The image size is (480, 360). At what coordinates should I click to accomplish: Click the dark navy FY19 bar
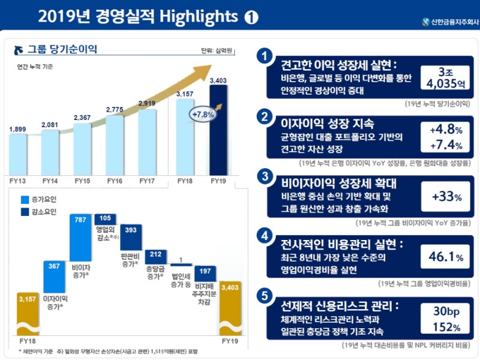coord(218,129)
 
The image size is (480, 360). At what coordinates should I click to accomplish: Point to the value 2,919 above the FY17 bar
coord(147,103)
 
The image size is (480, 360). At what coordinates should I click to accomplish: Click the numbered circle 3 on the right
coord(262,176)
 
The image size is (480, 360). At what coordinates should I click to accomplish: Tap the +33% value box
coord(446,196)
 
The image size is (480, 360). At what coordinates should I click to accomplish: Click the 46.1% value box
coord(446,257)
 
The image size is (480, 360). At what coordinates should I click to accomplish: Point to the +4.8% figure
coord(446,130)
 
